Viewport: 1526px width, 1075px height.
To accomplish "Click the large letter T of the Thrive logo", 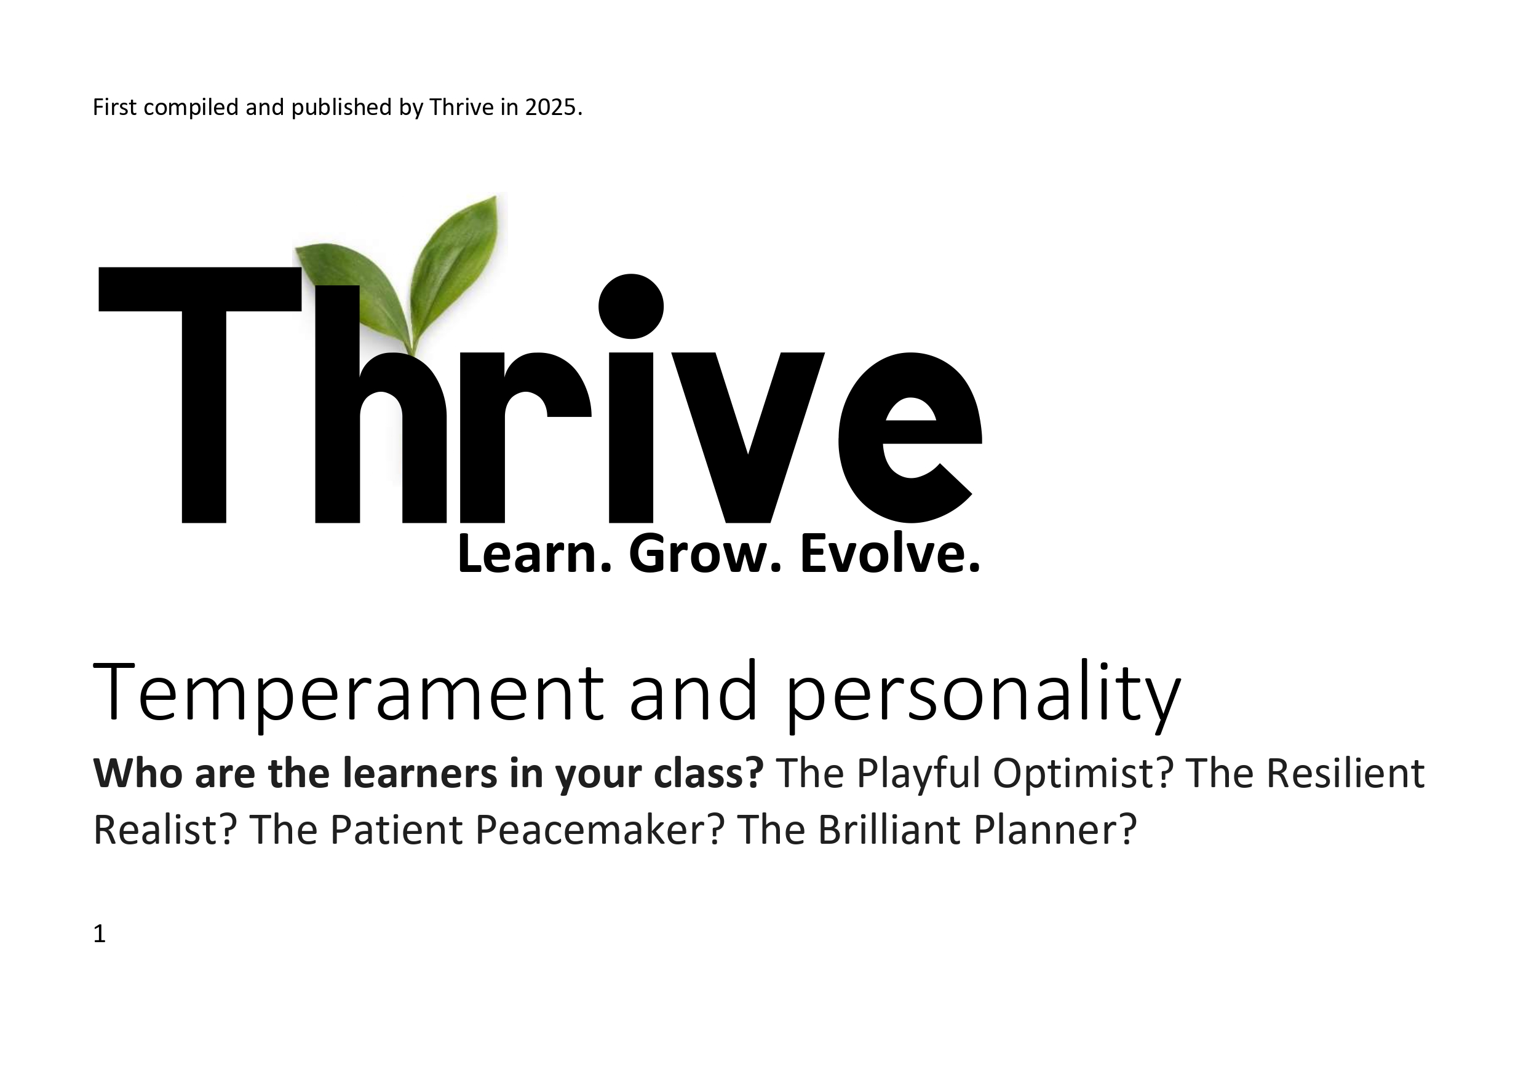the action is pos(200,395).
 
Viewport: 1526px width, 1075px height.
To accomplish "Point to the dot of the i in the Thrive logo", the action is pos(630,306).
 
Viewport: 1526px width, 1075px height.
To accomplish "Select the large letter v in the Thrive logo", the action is pos(748,437).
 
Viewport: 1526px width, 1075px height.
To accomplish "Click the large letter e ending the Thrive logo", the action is pos(910,437).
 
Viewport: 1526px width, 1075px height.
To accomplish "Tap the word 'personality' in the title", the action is pos(984,696).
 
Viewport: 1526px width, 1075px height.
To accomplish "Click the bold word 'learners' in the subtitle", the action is pos(420,772).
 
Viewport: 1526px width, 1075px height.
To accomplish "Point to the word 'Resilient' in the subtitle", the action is pos(1345,772).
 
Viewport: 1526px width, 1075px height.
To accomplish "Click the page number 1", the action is pos(100,934).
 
